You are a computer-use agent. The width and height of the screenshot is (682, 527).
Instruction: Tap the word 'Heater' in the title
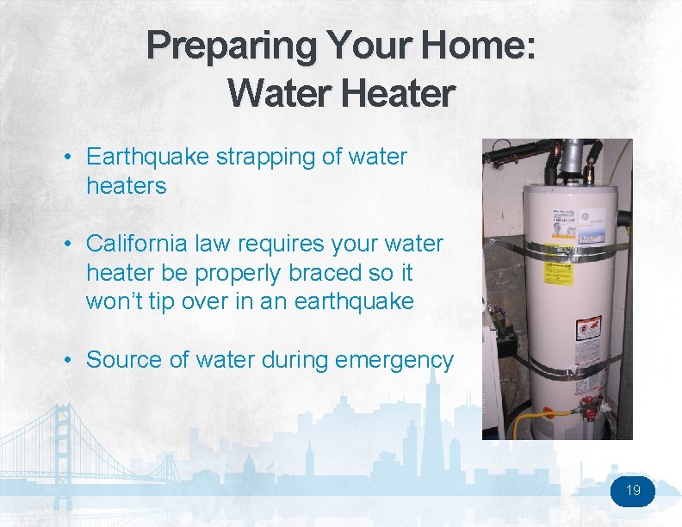(x=396, y=93)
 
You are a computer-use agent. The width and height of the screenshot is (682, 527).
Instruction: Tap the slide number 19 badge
(x=633, y=491)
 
